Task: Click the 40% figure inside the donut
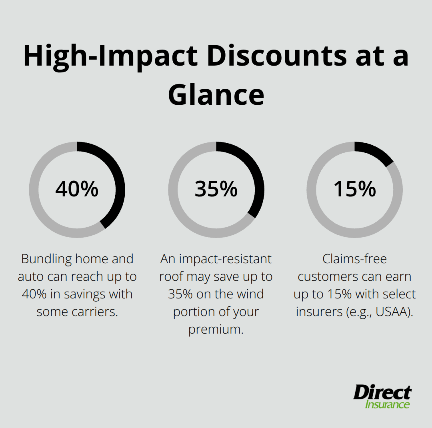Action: pos(77,189)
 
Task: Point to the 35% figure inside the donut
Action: pos(216,189)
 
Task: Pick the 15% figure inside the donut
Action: pos(355,189)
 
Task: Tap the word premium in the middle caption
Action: pos(216,329)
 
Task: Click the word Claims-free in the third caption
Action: pos(355,259)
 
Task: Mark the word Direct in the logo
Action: pos(382,393)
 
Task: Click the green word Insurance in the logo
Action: pos(387,404)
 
